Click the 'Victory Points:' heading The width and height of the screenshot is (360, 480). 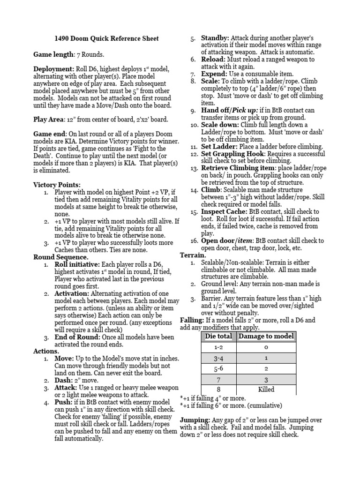tap(57, 185)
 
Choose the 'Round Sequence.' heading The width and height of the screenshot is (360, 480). tap(60, 257)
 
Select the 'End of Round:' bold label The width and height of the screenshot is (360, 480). tap(78, 337)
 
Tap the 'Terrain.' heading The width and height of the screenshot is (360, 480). tap(193, 255)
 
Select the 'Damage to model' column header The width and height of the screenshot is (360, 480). tap(266, 336)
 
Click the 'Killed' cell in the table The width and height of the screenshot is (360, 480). tap(266, 389)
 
